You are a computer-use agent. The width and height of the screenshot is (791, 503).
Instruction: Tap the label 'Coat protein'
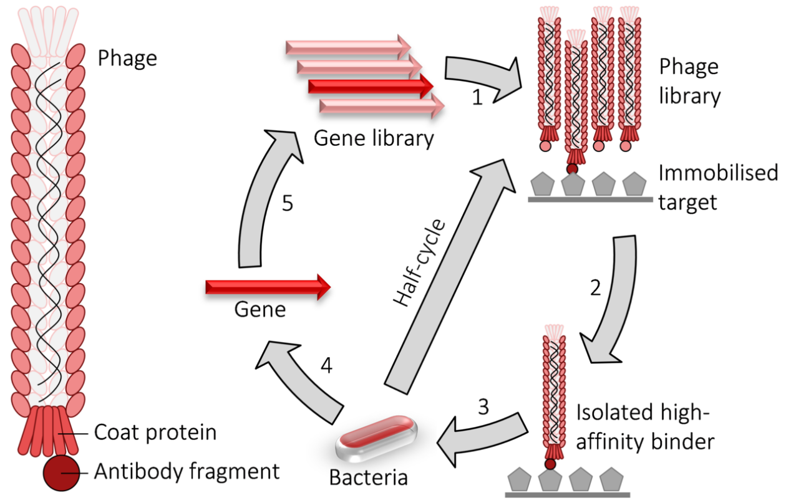coord(155,432)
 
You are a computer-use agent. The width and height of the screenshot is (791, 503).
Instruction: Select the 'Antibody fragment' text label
coord(187,472)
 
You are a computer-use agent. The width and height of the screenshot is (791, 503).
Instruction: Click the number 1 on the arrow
coord(477,97)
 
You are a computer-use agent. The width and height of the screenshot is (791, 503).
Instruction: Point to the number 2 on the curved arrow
coord(596,287)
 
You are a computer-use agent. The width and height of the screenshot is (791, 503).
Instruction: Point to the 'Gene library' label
coord(373,138)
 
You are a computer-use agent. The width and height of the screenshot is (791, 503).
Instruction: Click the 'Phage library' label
coord(689,81)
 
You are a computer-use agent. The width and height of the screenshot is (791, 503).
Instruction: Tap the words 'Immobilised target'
coord(718,186)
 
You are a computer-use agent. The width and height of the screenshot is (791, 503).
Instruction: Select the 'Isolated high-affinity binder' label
coord(644,427)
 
